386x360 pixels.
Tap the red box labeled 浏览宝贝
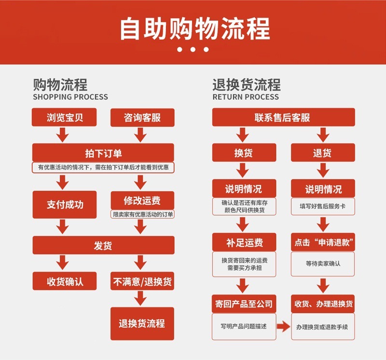65,117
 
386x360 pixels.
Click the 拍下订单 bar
103,153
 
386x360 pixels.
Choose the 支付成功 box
65,205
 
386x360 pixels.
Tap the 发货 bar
103,246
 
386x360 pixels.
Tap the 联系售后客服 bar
284,117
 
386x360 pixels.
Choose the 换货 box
244,153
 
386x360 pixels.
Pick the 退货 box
323,153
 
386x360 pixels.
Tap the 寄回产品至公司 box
244,304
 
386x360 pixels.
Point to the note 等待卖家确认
323,263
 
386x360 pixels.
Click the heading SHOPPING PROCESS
70,97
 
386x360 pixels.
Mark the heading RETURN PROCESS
246,97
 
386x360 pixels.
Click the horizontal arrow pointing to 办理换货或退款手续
284,327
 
